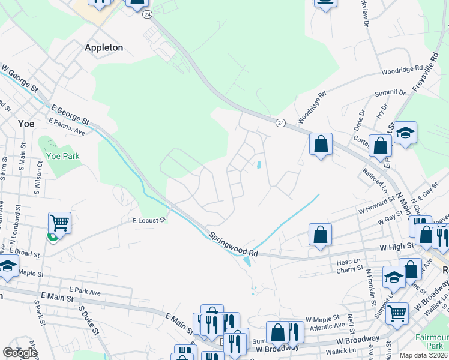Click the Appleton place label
[x=104, y=47]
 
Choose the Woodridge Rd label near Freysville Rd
[x=402, y=70]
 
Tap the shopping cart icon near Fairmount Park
[x=397, y=312]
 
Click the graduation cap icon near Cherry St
[x=394, y=277]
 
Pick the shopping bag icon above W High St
[x=321, y=235]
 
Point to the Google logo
[x=20, y=353]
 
